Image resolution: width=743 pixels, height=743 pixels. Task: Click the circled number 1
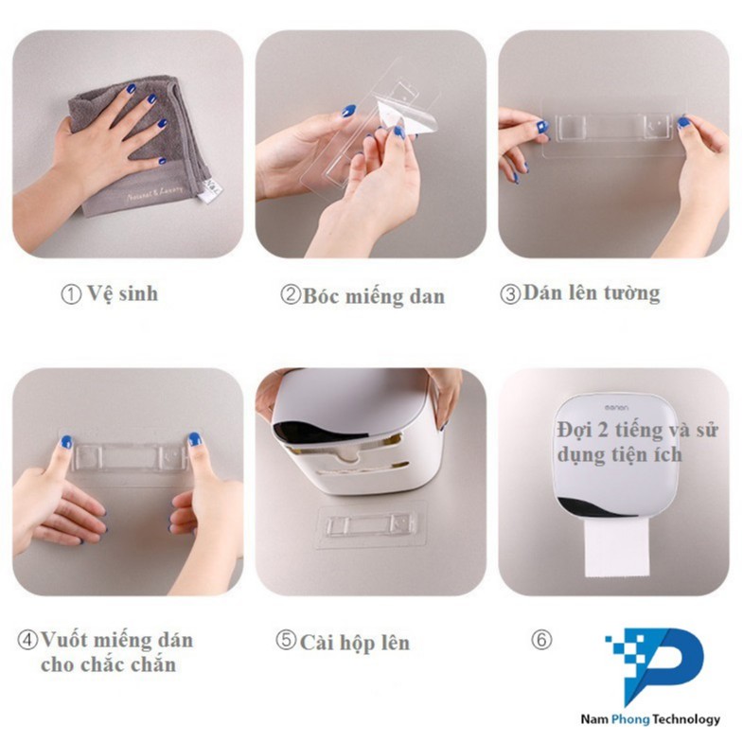(71, 294)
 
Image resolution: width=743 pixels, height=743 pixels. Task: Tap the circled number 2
(290, 294)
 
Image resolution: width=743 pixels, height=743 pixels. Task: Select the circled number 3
(510, 293)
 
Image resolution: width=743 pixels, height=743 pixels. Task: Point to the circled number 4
(27, 640)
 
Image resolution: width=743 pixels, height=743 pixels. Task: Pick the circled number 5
(286, 640)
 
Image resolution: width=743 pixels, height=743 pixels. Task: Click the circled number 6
(541, 640)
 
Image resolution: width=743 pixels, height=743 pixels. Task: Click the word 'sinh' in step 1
(138, 293)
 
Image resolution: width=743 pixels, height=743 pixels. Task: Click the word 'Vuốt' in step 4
(66, 640)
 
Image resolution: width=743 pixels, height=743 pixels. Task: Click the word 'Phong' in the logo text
(630, 719)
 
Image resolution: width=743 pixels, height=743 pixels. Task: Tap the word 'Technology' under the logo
(685, 719)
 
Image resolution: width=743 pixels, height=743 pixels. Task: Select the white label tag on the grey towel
(209, 189)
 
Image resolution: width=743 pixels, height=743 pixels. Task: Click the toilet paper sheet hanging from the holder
(616, 547)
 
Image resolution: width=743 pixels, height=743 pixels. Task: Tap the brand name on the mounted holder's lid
(616, 408)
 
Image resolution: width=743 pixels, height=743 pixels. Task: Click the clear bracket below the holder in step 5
(370, 526)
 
